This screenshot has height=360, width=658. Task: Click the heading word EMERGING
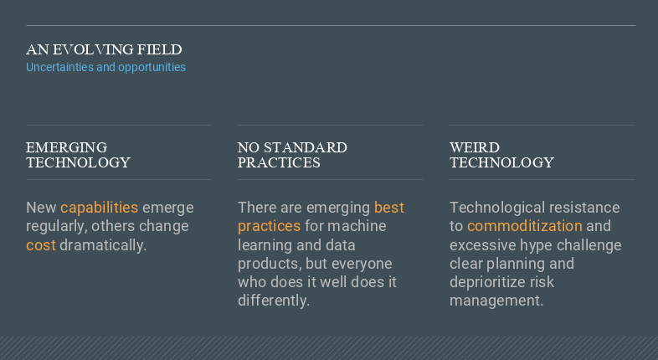66,147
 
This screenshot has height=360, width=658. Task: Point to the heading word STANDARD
306,147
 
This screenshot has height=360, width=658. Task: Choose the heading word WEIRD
475,147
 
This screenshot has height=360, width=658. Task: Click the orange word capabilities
99,208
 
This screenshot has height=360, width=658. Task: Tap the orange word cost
41,245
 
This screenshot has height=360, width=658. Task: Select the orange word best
389,208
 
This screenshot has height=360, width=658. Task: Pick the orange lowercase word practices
269,227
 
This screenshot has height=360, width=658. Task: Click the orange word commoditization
525,226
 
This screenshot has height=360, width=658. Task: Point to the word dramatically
103,245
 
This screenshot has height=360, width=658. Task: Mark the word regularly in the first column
57,227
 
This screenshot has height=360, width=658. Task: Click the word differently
274,301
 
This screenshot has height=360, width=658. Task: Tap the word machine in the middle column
357,226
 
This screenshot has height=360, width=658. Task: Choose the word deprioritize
487,282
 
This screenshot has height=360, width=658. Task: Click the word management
496,301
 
